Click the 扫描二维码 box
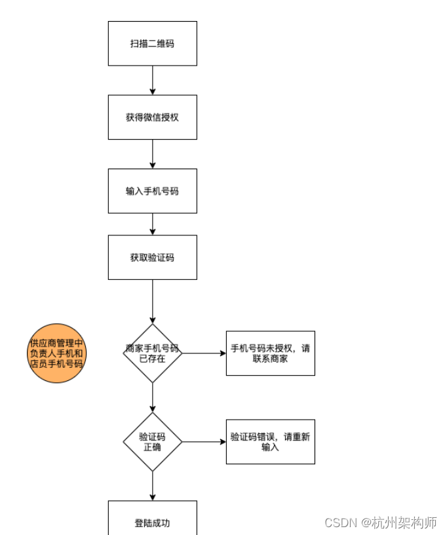[x=152, y=43]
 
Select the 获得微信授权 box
[x=152, y=117]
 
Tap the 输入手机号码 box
[x=152, y=191]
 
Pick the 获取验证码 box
[x=152, y=258]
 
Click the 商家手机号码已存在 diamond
[x=152, y=353]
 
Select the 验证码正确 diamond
[x=152, y=442]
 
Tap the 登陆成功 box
[x=152, y=521]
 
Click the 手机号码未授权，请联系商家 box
[x=270, y=353]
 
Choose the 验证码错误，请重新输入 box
[x=270, y=442]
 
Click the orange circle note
[x=57, y=353]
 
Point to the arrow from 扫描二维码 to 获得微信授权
[x=152, y=80]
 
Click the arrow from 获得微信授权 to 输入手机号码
[x=152, y=154]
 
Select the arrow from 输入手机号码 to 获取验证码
[x=152, y=224]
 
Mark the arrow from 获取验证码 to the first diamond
[x=152, y=302]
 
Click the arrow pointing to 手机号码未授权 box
[x=204, y=353]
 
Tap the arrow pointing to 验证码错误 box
[x=204, y=442]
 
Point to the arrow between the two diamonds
[x=152, y=398]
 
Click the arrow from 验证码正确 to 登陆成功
[x=152, y=486]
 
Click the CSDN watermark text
[x=340, y=523]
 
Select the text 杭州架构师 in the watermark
[x=404, y=523]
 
